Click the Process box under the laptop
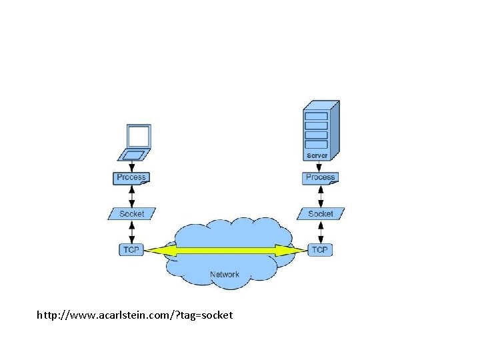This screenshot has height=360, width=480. (x=131, y=177)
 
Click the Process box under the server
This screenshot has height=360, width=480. (x=320, y=177)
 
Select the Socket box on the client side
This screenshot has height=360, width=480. (x=131, y=214)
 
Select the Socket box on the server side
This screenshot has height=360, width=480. (x=321, y=214)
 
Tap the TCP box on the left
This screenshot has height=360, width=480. (x=131, y=250)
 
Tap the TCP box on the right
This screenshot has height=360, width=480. (x=320, y=250)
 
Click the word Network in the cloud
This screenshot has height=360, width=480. (x=225, y=275)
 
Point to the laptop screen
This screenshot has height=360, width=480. (x=139, y=136)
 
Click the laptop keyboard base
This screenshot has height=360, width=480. (x=133, y=155)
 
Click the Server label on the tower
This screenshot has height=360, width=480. (x=317, y=156)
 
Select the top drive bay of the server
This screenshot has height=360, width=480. (x=316, y=116)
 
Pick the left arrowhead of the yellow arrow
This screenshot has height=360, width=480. (x=155, y=251)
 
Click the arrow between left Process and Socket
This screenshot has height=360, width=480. (x=132, y=195)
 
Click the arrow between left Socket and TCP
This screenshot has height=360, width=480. (x=132, y=232)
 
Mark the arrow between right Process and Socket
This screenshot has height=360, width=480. (x=321, y=195)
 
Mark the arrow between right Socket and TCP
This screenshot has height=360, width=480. (x=321, y=232)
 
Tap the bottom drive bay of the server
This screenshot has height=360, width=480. (x=316, y=144)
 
